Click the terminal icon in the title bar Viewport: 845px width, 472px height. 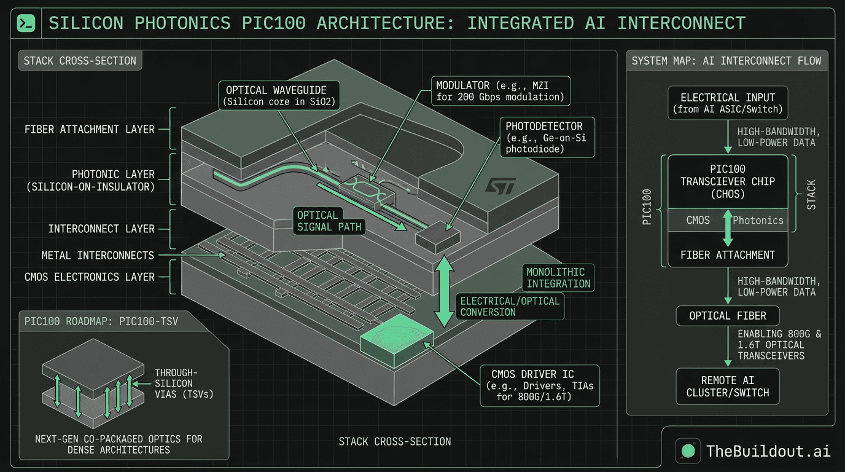coord(26,23)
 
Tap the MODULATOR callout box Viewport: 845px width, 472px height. coord(500,90)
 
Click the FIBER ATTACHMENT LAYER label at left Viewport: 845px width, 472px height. coord(90,130)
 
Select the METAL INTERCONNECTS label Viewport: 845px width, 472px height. coord(98,255)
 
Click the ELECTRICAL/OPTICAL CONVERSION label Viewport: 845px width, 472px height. coord(510,306)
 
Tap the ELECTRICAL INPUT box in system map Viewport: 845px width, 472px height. coord(728,103)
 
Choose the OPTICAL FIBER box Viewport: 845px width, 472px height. coord(728,316)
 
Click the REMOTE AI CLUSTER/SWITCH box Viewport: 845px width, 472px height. coord(728,387)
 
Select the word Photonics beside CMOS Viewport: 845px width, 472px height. coord(758,220)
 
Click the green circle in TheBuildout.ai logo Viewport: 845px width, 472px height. coord(688,450)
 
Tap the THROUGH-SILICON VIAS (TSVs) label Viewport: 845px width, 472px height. coord(184,383)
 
